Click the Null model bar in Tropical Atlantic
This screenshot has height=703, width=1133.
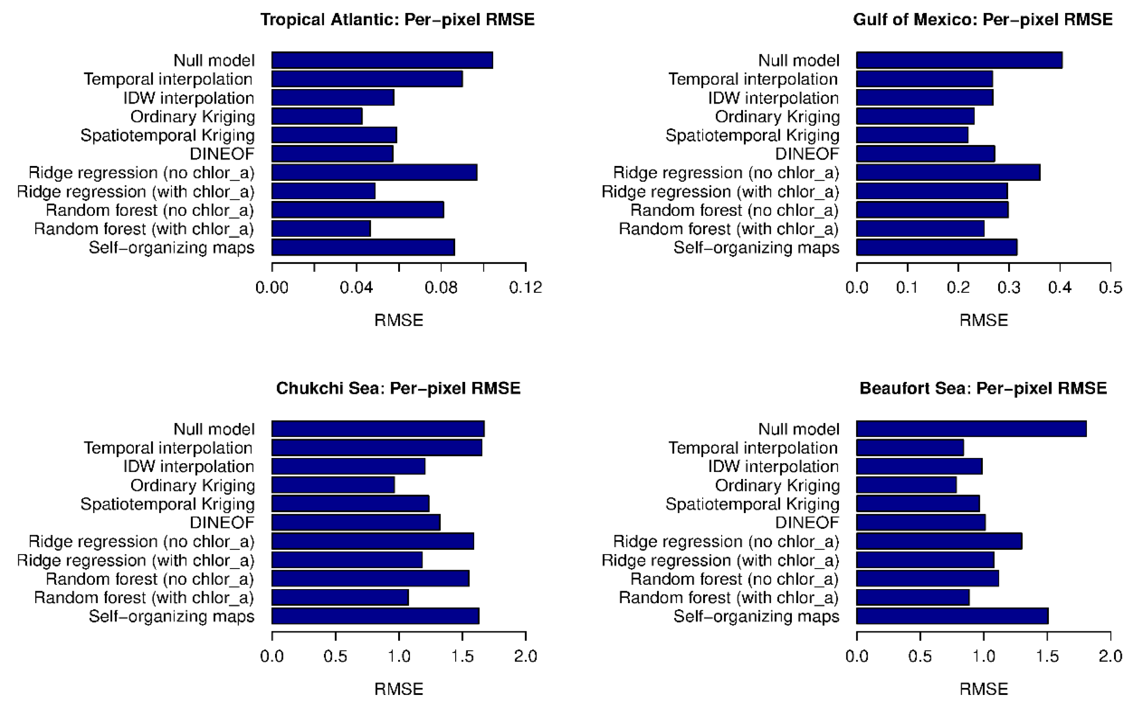pyautogui.click(x=382, y=60)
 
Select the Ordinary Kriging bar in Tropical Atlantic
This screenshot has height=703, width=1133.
pyautogui.click(x=317, y=116)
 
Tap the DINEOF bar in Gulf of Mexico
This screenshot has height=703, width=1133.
pyautogui.click(x=925, y=154)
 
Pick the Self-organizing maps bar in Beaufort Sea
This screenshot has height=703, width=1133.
pyautogui.click(x=952, y=616)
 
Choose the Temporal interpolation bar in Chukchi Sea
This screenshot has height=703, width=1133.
pyautogui.click(x=377, y=448)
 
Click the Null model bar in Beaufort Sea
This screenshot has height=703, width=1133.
pyautogui.click(x=971, y=429)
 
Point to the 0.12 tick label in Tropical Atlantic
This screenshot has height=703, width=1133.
pyautogui.click(x=526, y=288)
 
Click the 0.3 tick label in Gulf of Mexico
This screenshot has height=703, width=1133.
pyautogui.click(x=1008, y=288)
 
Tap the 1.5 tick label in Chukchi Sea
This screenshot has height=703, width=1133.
pyautogui.click(x=462, y=657)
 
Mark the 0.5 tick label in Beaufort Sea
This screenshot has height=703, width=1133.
pyautogui.click(x=920, y=657)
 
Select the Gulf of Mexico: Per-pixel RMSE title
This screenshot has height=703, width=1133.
pyautogui.click(x=982, y=20)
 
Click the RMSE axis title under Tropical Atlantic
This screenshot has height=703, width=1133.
pyautogui.click(x=399, y=320)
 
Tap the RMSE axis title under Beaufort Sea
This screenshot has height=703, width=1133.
pyautogui.click(x=983, y=689)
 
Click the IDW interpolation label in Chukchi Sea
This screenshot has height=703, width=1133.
pyautogui.click(x=189, y=466)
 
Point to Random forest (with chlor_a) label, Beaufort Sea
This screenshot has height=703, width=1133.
pyautogui.click(x=728, y=597)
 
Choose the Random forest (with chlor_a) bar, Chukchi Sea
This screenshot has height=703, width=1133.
pyautogui.click(x=340, y=597)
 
